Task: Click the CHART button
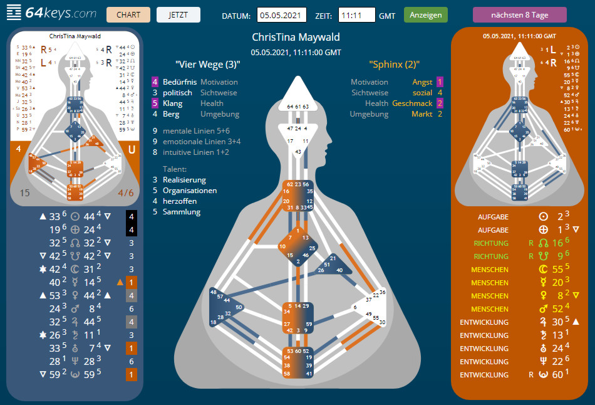[128, 15]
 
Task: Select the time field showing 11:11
[356, 15]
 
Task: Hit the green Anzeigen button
[425, 15]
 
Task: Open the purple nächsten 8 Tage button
[519, 15]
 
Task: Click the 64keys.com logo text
[61, 13]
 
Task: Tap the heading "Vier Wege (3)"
[208, 64]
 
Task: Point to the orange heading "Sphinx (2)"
[394, 64]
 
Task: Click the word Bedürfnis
[180, 82]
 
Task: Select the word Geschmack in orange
[412, 103]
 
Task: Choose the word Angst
[422, 82]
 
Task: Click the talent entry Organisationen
[190, 191]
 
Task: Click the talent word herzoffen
[180, 201]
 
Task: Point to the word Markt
[422, 114]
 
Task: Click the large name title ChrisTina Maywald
[296, 38]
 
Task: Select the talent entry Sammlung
[182, 212]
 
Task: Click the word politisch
[177, 93]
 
